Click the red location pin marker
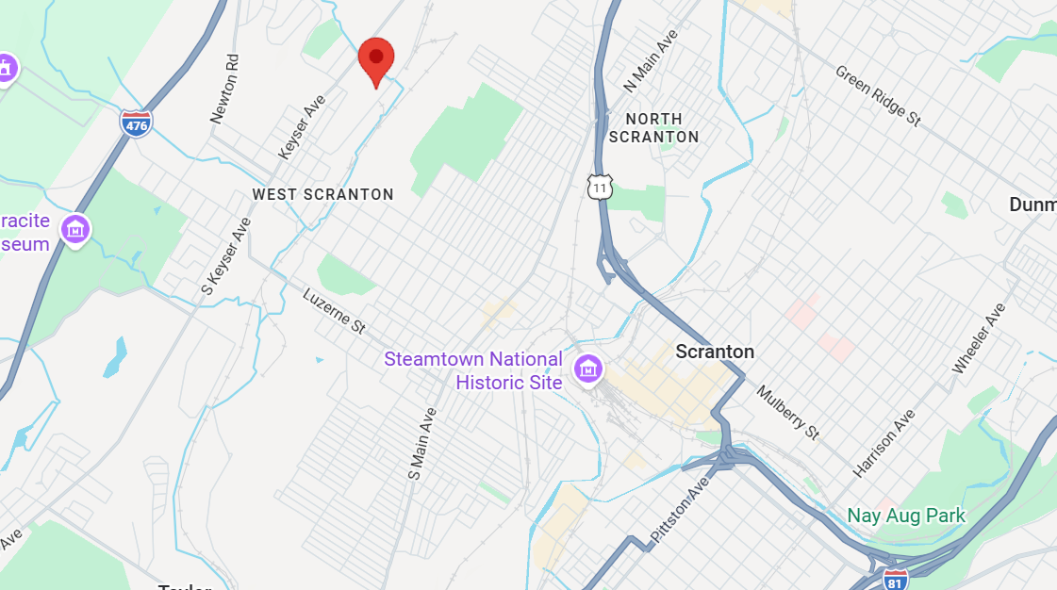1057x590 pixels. tap(376, 58)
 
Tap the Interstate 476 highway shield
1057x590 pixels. tap(137, 123)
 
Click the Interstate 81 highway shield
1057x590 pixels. tap(896, 579)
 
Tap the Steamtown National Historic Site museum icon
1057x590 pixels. tap(588, 369)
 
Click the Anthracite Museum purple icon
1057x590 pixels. tap(75, 228)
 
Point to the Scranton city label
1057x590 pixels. tap(715, 352)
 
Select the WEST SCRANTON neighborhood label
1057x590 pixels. tap(322, 194)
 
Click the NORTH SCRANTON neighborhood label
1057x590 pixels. tap(653, 128)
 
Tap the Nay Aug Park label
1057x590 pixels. tap(905, 516)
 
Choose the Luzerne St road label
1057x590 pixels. tap(334, 311)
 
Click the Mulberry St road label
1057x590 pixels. tap(787, 412)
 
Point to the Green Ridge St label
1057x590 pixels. tap(877, 95)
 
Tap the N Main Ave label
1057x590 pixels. tap(651, 61)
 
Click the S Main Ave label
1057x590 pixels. tap(421, 444)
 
